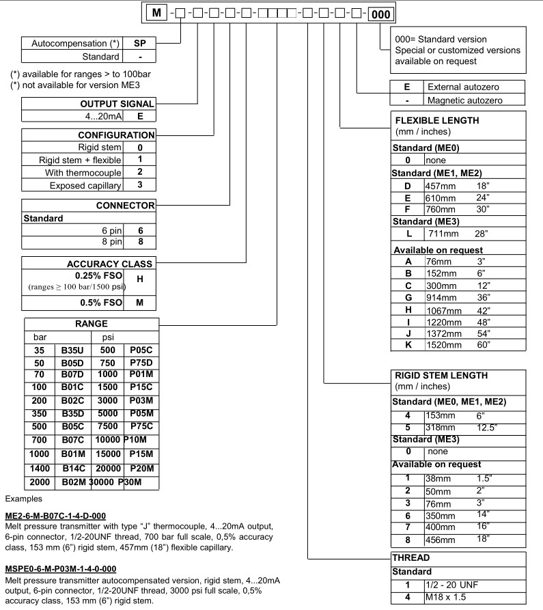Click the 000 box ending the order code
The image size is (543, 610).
(380, 12)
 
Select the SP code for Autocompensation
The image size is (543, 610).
(139, 43)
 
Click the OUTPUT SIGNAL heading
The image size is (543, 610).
(117, 103)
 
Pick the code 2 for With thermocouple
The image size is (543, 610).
(139, 172)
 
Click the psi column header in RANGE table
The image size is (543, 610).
(107, 337)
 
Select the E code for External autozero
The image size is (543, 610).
(407, 87)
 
